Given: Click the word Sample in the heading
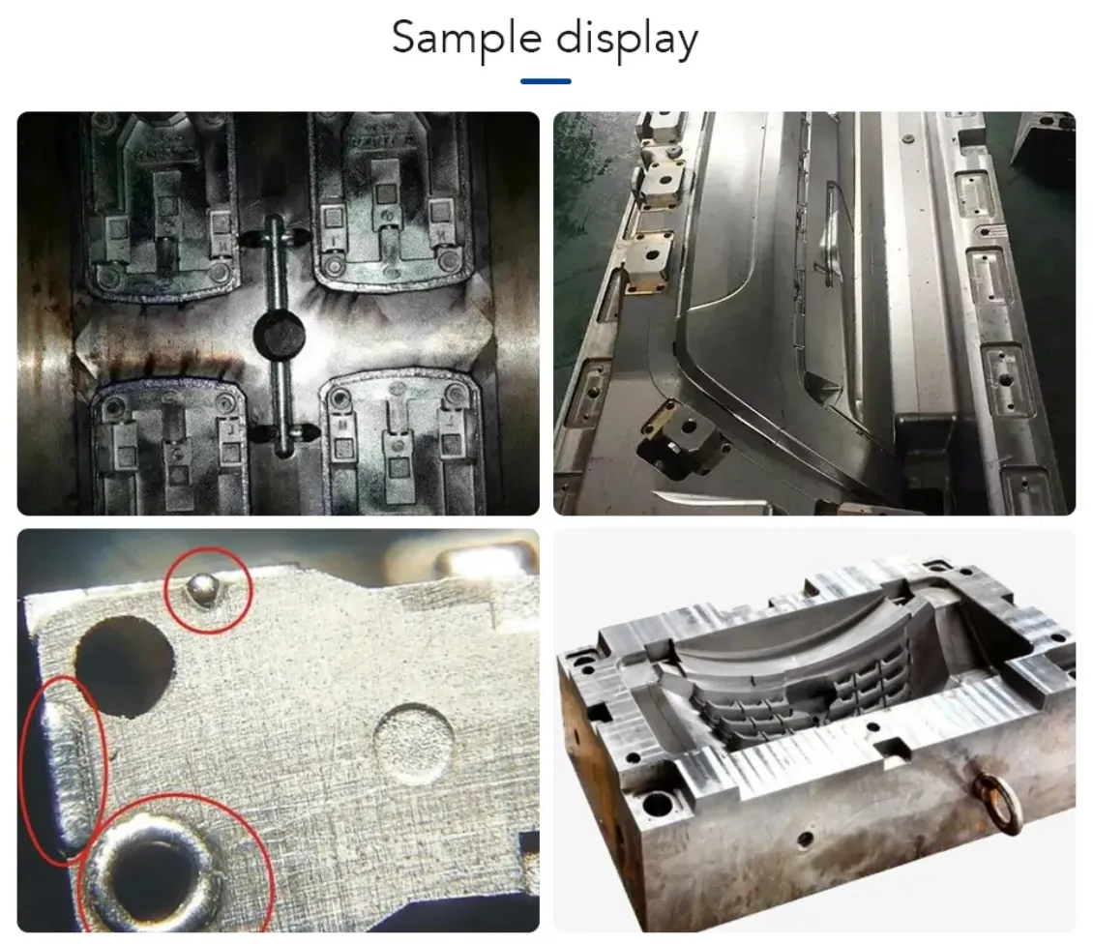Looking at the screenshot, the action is click(x=466, y=40).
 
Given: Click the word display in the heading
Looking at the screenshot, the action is click(x=627, y=40).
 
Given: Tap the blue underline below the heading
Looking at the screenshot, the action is click(x=546, y=81).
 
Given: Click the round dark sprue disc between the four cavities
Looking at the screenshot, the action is click(x=279, y=336).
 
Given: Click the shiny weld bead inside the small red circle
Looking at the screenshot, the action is click(x=203, y=589).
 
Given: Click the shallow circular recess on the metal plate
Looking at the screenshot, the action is click(x=412, y=743).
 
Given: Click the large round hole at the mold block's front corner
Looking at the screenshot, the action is click(x=658, y=806).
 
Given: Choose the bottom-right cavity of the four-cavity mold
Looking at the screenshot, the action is click(x=403, y=443).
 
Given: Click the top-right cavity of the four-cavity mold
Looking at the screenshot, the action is click(x=391, y=201).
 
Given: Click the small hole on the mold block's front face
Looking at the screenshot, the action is click(x=805, y=839).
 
